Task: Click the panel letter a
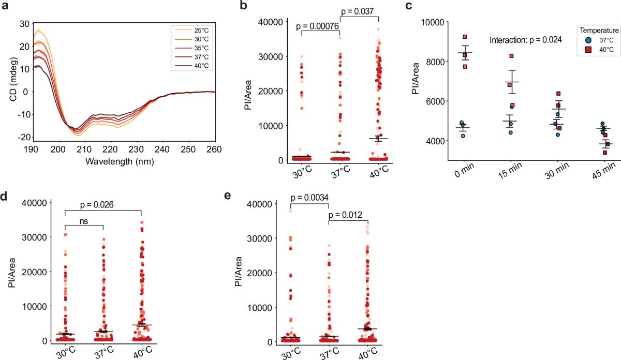(x=5, y=6)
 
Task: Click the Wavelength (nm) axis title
(x=120, y=161)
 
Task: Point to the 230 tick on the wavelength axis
(x=136, y=149)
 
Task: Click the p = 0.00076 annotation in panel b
(x=317, y=26)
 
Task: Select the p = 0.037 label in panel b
(x=358, y=11)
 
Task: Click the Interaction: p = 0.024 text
(x=526, y=40)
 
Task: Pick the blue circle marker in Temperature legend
(x=588, y=40)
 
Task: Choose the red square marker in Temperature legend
(x=588, y=50)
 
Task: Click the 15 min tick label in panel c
(x=510, y=170)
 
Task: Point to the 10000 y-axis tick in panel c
(x=433, y=22)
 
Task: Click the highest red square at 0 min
(x=465, y=37)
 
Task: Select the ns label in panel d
(x=84, y=221)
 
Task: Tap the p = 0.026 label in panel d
(x=97, y=204)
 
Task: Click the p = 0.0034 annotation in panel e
(x=309, y=198)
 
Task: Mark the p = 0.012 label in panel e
(x=346, y=215)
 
